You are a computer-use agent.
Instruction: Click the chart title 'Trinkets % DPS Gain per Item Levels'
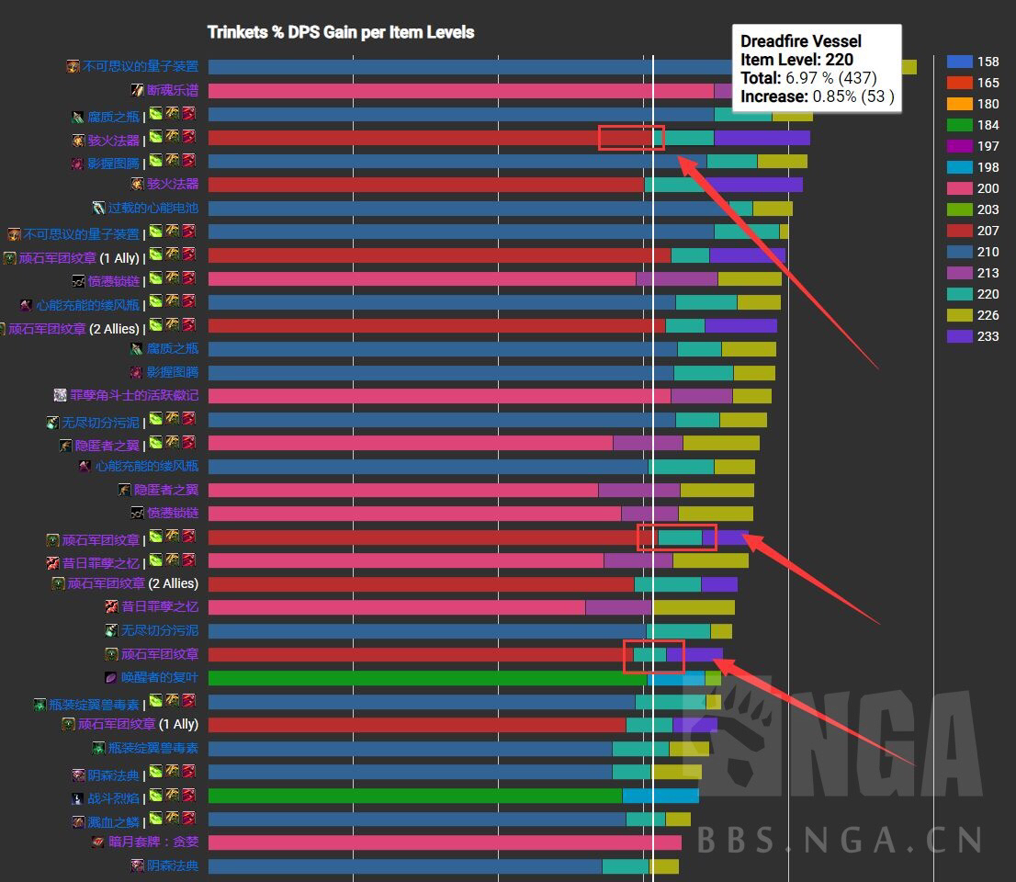coord(341,32)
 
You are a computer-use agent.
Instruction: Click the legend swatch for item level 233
coord(959,336)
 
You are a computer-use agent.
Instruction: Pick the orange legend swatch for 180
coord(959,104)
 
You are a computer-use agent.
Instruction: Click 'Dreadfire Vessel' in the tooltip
coord(801,41)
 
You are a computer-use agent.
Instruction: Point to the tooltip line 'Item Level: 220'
coord(796,60)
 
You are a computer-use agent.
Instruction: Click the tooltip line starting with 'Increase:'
coord(817,96)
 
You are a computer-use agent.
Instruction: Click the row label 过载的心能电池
coord(152,209)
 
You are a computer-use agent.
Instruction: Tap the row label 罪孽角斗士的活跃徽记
coord(133,396)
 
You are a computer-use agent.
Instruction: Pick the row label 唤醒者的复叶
coord(158,678)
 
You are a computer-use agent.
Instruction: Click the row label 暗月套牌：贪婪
coord(152,842)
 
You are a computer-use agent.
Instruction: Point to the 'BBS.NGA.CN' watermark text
coord(841,840)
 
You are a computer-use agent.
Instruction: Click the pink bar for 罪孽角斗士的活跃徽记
coord(439,396)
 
